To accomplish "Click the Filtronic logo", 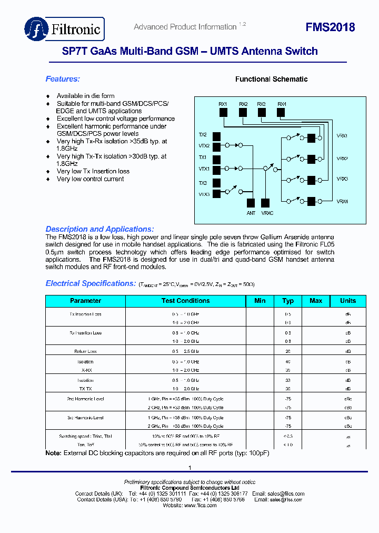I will point(64,29).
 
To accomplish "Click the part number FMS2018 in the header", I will point(330,27).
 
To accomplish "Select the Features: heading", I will point(63,79).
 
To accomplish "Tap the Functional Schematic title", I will point(271,79).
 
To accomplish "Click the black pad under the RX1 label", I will point(223,112).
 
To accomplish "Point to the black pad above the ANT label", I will point(251,202).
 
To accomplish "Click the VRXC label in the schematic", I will point(267,213).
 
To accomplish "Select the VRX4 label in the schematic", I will point(342,202).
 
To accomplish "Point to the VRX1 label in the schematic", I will point(342,136).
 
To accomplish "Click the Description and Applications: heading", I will point(100,229).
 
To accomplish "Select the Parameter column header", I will point(85,301).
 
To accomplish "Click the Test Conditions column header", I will point(185,301).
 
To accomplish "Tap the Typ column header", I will point(288,301).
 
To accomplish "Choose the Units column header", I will point(348,301).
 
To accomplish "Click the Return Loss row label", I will point(85,351).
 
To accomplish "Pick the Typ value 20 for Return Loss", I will point(288,351).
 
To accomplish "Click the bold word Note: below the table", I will point(54,453).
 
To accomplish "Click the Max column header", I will point(316,301).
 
